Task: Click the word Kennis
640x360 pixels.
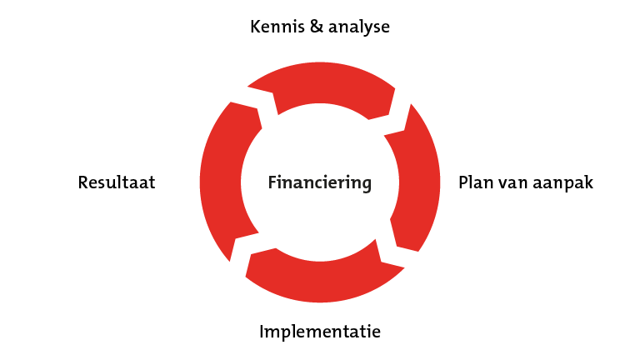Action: tap(277, 27)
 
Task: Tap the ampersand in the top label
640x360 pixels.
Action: tap(317, 27)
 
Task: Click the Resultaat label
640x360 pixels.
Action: tap(117, 182)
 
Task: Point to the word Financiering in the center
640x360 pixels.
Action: tap(320, 182)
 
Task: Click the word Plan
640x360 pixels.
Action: tap(475, 182)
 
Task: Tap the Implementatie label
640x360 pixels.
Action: tap(320, 332)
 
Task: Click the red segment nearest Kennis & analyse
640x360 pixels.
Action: tap(320, 83)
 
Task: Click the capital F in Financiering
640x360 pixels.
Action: tap(272, 182)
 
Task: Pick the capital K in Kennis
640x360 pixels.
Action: tap(256, 27)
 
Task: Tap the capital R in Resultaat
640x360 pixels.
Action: tap(82, 182)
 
